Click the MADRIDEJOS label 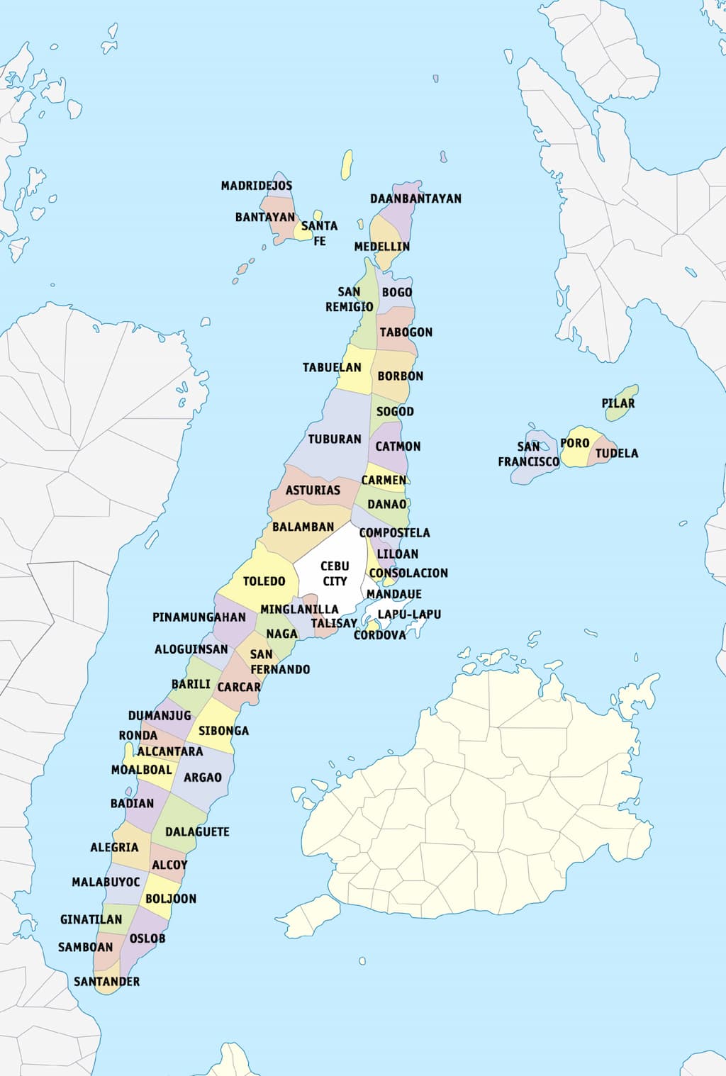pyautogui.click(x=256, y=186)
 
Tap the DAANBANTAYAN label pyautogui.click(x=415, y=198)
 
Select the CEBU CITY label pyautogui.click(x=335, y=573)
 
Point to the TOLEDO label pyautogui.click(x=264, y=581)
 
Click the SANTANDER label pyautogui.click(x=106, y=982)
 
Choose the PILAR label pyautogui.click(x=618, y=403)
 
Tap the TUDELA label pyautogui.click(x=616, y=454)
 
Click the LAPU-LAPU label pyautogui.click(x=409, y=615)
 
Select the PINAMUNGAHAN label pyautogui.click(x=199, y=617)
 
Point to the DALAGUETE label pyautogui.click(x=197, y=831)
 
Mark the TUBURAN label pyautogui.click(x=335, y=439)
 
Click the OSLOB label pyautogui.click(x=147, y=938)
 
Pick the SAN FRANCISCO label pyautogui.click(x=528, y=454)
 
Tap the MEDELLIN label pyautogui.click(x=382, y=247)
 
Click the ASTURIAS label pyautogui.click(x=313, y=491)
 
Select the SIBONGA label pyautogui.click(x=223, y=731)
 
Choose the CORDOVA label pyautogui.click(x=380, y=636)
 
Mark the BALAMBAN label pyautogui.click(x=303, y=527)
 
